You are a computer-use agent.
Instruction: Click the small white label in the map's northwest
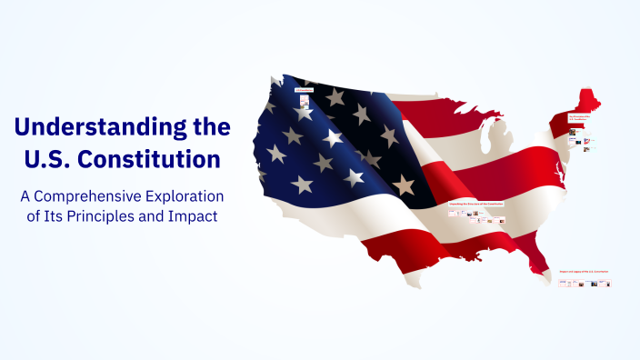303,90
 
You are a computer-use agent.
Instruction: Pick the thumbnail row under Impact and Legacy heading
585,283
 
